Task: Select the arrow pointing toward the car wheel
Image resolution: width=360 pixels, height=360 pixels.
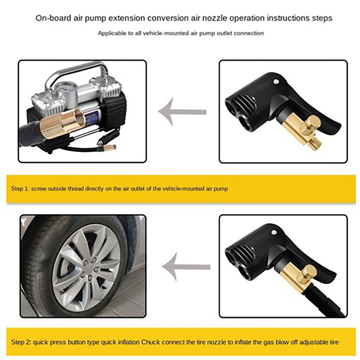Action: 186,267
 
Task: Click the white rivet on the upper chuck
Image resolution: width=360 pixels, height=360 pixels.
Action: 276,81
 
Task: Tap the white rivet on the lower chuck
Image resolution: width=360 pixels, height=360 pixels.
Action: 274,232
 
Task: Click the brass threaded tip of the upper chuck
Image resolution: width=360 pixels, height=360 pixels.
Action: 314,144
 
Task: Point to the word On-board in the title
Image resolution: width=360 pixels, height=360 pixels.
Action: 54,18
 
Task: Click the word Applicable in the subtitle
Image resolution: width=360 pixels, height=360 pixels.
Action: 112,33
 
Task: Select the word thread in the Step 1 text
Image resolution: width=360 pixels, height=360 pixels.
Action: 76,189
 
